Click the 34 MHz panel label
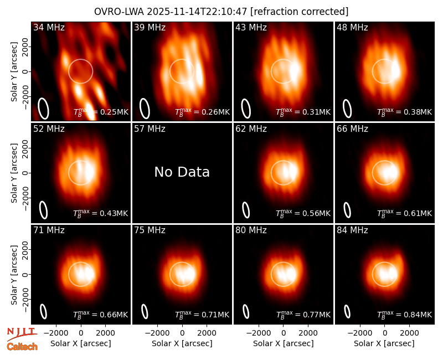[x=49, y=27]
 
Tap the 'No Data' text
[x=182, y=172]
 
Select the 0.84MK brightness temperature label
[x=405, y=315]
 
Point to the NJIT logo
[x=22, y=333]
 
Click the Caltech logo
[x=22, y=347]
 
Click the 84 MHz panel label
[x=352, y=230]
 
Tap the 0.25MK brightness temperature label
[x=101, y=112]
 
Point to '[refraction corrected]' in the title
[x=299, y=12]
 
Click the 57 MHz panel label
[x=150, y=129]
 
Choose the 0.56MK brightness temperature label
[x=303, y=213]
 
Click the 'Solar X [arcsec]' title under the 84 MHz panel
[x=384, y=343]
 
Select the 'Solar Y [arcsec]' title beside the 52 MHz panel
[x=14, y=173]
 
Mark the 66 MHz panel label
[x=352, y=129]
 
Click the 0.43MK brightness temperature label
[x=101, y=213]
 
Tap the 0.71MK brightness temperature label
[x=202, y=315]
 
